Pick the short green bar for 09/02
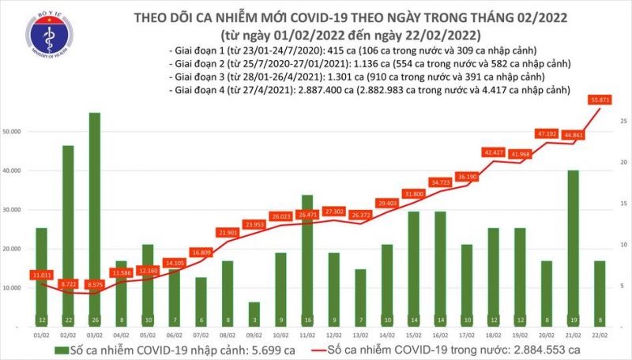(254, 313)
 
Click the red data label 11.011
(40, 274)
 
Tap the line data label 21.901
(227, 232)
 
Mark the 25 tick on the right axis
(624, 121)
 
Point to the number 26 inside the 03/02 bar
(94, 319)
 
